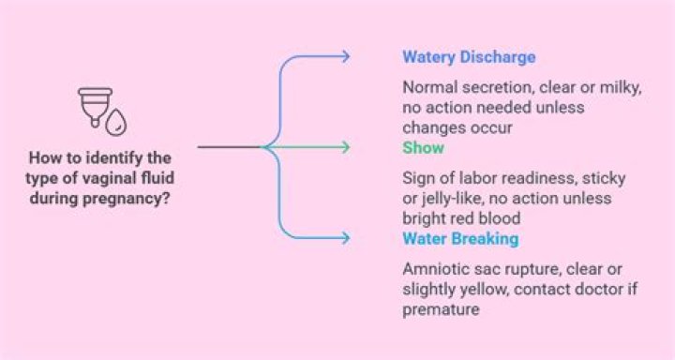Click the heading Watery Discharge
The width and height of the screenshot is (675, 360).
coord(469,57)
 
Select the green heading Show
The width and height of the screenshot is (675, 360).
coord(423,147)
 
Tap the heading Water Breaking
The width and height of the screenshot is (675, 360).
coord(460,238)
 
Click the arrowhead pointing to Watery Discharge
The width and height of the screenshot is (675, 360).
coord(345,56)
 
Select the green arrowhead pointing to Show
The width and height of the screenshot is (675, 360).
coord(345,147)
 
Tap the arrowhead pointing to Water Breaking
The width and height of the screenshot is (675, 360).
coord(345,238)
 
